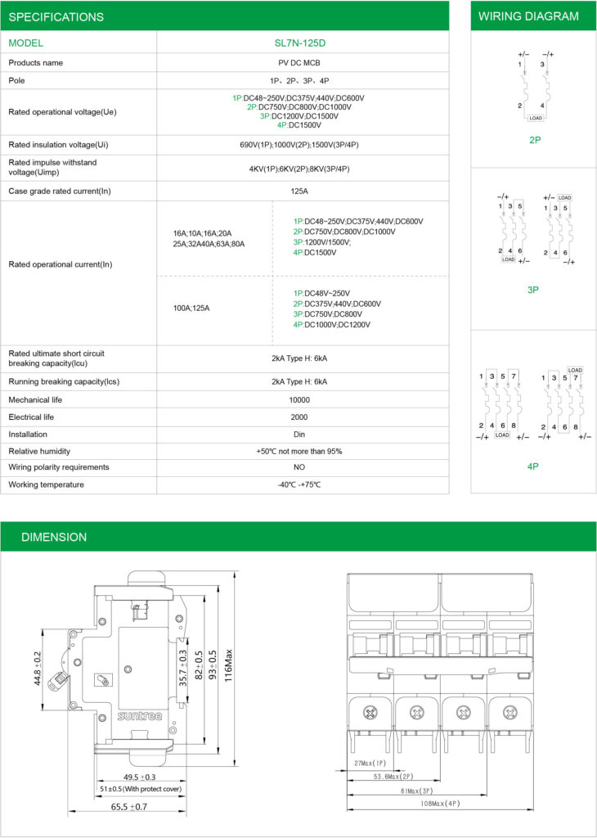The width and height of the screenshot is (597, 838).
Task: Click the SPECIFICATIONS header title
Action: click(x=56, y=16)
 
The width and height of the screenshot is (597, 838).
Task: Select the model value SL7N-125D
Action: click(x=302, y=43)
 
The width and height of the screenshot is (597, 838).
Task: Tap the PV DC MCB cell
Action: click(x=302, y=63)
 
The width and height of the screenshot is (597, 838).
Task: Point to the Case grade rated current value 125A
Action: click(x=302, y=191)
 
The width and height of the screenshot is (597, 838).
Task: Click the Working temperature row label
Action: click(x=46, y=485)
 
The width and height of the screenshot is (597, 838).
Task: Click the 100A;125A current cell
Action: click(x=191, y=308)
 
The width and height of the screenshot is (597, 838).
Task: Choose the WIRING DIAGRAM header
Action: click(x=528, y=16)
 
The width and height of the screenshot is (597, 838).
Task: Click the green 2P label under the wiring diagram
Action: click(x=535, y=140)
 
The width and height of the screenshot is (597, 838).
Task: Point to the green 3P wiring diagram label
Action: click(x=533, y=290)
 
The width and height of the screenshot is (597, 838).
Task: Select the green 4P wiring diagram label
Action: click(x=533, y=466)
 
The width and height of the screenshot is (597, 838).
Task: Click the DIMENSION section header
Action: click(x=53, y=537)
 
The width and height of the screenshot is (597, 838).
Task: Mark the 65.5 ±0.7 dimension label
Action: click(x=128, y=807)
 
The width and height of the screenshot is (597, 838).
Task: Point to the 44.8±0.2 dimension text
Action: click(x=38, y=669)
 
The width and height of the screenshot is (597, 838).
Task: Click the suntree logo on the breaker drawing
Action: click(x=140, y=714)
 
